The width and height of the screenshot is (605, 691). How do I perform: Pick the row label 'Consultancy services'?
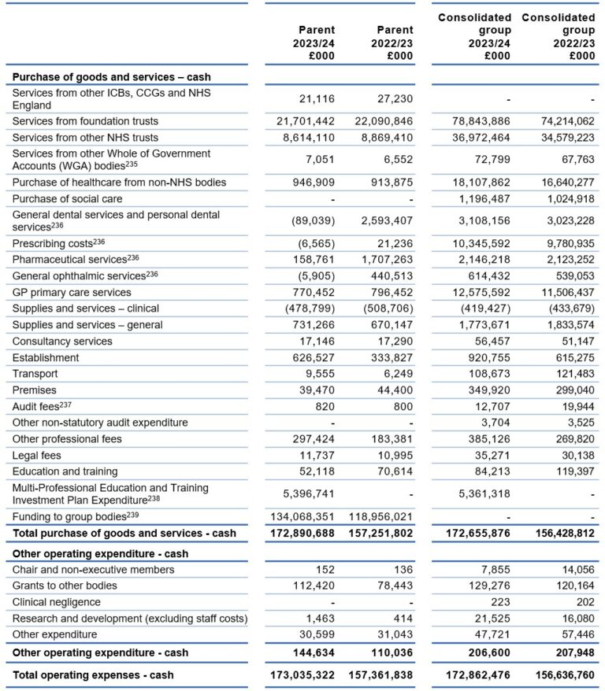(62, 342)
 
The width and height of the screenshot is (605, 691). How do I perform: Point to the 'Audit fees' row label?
(41, 406)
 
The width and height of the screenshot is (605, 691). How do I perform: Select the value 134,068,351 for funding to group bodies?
(296, 517)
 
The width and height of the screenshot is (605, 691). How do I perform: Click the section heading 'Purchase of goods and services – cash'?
(111, 77)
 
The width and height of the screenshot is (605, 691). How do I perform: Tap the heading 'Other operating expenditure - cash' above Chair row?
(102, 553)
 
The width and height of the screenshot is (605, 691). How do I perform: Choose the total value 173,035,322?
(296, 675)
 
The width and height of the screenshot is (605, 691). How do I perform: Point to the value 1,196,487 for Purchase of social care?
(474, 198)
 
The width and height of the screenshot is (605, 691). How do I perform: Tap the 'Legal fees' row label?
(37, 456)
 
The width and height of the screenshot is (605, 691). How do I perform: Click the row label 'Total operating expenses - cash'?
(93, 675)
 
